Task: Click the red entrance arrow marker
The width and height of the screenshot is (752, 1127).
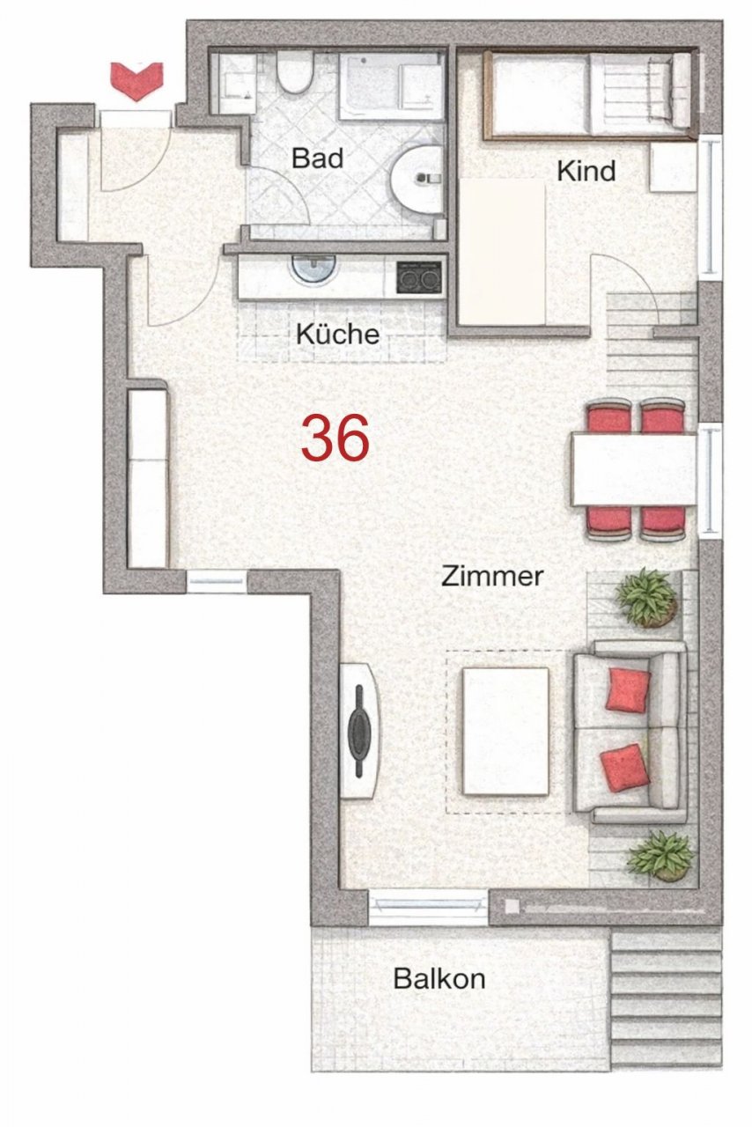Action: [136, 78]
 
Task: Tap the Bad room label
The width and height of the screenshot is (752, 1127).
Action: [317, 159]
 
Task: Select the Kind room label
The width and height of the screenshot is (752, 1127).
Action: [586, 171]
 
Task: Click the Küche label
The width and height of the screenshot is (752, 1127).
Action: [337, 335]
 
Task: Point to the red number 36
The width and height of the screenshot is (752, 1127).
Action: [335, 438]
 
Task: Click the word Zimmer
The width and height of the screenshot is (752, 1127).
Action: [492, 577]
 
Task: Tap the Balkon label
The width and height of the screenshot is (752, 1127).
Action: [439, 978]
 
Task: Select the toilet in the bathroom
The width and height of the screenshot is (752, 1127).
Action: [293, 73]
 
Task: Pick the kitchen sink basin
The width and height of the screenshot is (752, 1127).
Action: [313, 269]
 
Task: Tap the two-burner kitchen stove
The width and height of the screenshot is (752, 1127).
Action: [418, 277]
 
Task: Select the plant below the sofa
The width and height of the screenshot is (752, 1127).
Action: [660, 854]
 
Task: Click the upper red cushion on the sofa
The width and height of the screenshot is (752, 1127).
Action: [628, 689]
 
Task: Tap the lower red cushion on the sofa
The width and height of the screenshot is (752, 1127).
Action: [625, 765]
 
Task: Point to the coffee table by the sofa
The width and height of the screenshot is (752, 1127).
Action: [505, 730]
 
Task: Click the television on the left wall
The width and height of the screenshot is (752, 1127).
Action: [360, 730]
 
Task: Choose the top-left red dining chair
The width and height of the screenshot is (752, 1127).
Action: [608, 416]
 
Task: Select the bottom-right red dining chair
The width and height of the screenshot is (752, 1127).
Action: [662, 523]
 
